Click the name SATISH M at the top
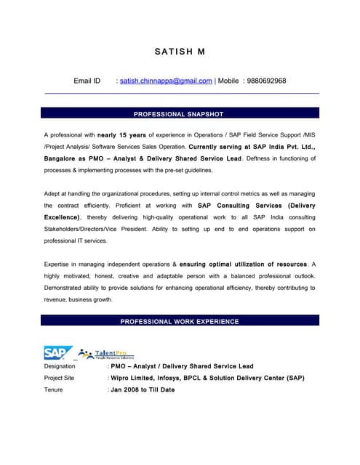[180, 52]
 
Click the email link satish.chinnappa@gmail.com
[166, 81]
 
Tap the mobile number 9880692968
[266, 81]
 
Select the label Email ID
[87, 81]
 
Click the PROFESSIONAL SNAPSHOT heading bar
[180, 113]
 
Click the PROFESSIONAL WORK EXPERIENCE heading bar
[180, 321]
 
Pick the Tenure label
[54, 389]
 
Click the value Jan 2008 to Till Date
[143, 389]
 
